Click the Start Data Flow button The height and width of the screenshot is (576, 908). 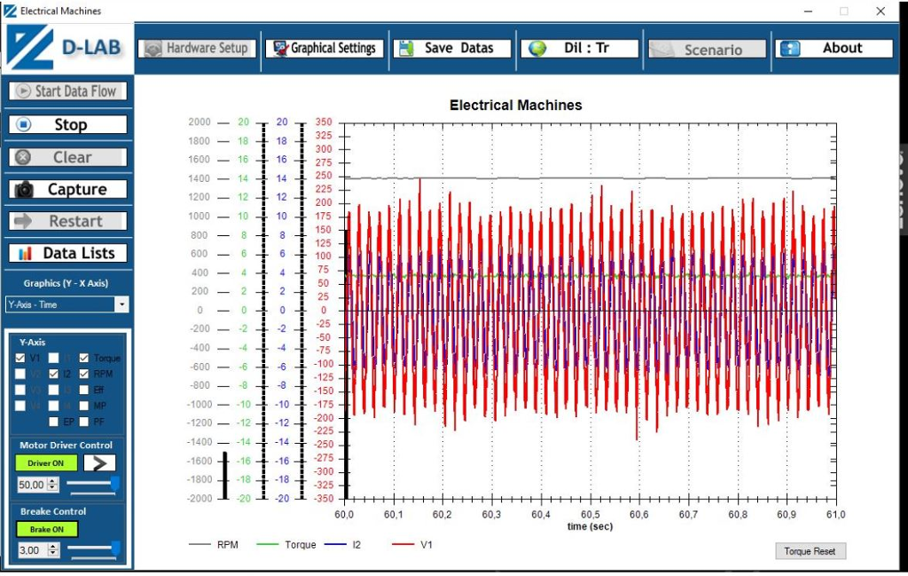pos(68,91)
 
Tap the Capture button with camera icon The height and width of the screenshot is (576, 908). pos(68,189)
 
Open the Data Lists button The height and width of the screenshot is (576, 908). pos(68,253)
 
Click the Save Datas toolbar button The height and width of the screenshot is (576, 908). pos(453,48)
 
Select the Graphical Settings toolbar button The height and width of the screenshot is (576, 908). pos(325,48)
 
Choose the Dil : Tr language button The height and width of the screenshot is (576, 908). pos(580,48)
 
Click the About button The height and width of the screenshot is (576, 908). pos(834,48)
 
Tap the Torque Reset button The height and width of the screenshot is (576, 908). pos(810,551)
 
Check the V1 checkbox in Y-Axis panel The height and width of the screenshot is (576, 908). pos(20,358)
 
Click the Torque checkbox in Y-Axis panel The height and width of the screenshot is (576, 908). pos(84,358)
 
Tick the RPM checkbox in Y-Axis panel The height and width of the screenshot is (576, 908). pos(84,374)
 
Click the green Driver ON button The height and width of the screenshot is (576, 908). pos(46,462)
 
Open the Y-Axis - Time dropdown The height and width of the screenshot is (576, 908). pos(121,304)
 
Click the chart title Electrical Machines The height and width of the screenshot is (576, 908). pos(515,105)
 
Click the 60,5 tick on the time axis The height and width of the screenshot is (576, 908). pos(590,515)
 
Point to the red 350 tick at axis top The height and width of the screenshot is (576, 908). pos(323,122)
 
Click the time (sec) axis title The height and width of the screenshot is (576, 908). pos(590,526)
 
